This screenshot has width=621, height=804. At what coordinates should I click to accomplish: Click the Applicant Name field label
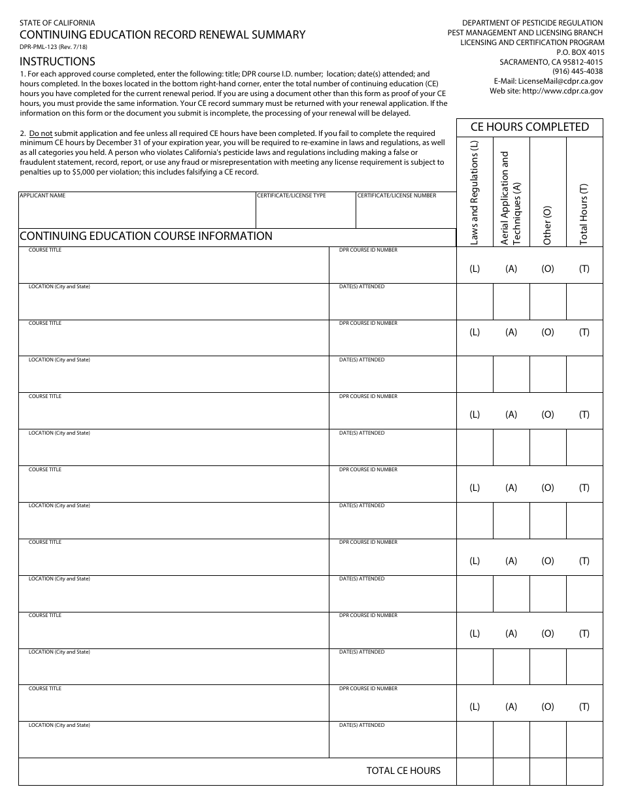42,195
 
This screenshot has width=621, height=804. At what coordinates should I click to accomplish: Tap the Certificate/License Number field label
396,195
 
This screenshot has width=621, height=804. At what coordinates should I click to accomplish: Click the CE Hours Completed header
529,127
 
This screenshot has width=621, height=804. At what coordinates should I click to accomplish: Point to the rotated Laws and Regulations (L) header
475,193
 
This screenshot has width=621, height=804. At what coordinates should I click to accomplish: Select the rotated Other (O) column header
548,225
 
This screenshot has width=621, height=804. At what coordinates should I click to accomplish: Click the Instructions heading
58,61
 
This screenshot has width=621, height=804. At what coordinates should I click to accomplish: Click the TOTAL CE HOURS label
403,771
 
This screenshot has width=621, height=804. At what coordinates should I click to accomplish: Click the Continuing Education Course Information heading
146,236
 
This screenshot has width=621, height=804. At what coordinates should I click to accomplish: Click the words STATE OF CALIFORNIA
57,22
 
